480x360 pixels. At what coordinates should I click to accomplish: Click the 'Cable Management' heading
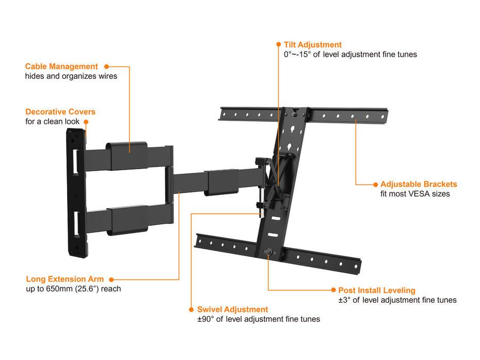click(x=61, y=67)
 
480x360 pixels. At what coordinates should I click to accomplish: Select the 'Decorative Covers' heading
click(x=60, y=112)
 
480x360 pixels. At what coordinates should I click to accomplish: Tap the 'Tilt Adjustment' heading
click(x=312, y=45)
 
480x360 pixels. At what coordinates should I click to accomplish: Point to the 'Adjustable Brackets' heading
click(x=419, y=184)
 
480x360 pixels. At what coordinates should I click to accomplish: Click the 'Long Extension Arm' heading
click(x=65, y=279)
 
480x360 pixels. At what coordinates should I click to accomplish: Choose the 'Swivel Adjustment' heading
click(x=232, y=309)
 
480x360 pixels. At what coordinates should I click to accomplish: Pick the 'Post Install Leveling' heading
click(x=376, y=290)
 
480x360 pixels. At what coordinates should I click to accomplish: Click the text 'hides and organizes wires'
click(x=71, y=76)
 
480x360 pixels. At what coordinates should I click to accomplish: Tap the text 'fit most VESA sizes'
click(x=415, y=194)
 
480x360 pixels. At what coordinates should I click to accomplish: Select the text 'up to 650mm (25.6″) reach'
click(x=73, y=289)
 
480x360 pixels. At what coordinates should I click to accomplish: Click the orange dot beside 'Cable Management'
click(x=107, y=67)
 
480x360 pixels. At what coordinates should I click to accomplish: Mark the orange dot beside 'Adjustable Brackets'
click(x=375, y=184)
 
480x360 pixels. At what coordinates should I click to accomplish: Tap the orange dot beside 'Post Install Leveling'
click(x=332, y=290)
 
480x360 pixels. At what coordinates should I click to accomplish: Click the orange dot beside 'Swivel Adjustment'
click(x=191, y=309)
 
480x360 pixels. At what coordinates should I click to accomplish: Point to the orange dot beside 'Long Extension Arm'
click(x=111, y=279)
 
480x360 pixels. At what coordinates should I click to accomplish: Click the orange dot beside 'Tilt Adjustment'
click(x=279, y=45)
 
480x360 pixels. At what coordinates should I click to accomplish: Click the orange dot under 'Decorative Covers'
click(x=86, y=122)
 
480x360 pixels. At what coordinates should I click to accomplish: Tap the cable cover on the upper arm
click(x=127, y=148)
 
